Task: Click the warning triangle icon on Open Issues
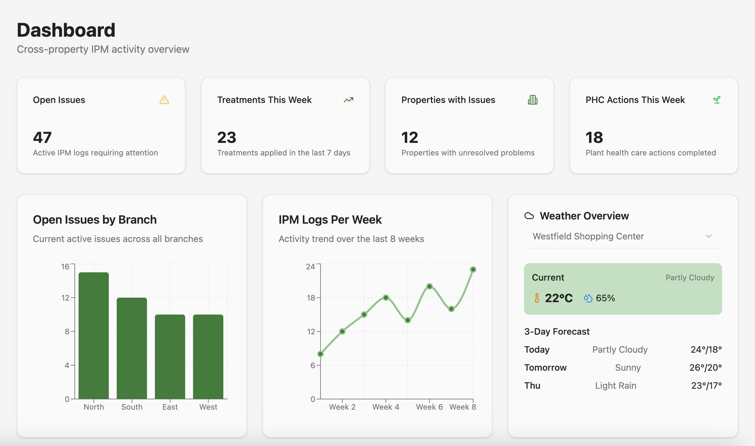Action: (164, 100)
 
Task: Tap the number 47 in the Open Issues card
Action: (42, 138)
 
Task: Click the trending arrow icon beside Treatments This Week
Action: (349, 100)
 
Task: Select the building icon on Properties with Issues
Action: (533, 100)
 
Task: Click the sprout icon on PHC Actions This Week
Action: (717, 100)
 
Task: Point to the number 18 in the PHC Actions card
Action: (594, 138)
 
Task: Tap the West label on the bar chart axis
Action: (208, 407)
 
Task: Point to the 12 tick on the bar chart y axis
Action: (65, 298)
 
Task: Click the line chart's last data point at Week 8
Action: (473, 269)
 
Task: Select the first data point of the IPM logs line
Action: (320, 354)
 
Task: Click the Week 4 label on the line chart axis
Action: (386, 407)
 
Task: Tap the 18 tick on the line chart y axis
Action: (311, 298)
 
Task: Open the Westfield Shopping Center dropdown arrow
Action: (708, 236)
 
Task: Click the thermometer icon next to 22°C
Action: (537, 298)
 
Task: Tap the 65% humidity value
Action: (605, 298)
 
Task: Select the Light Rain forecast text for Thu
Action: (616, 386)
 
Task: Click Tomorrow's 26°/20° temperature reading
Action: (705, 367)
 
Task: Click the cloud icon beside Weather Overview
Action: (529, 216)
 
